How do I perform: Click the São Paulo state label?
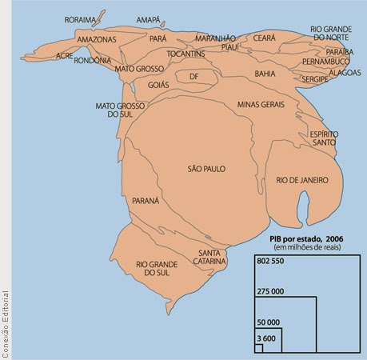tap(206, 169)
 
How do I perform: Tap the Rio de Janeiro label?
tap(302, 181)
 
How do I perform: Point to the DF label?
tap(193, 77)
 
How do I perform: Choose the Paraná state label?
tap(146, 200)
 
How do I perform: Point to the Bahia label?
tap(264, 74)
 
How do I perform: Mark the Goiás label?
tap(158, 84)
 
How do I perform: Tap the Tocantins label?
tap(186, 54)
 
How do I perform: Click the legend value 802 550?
tap(272, 262)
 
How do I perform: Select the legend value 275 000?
tap(272, 292)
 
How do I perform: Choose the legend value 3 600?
tap(265, 339)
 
